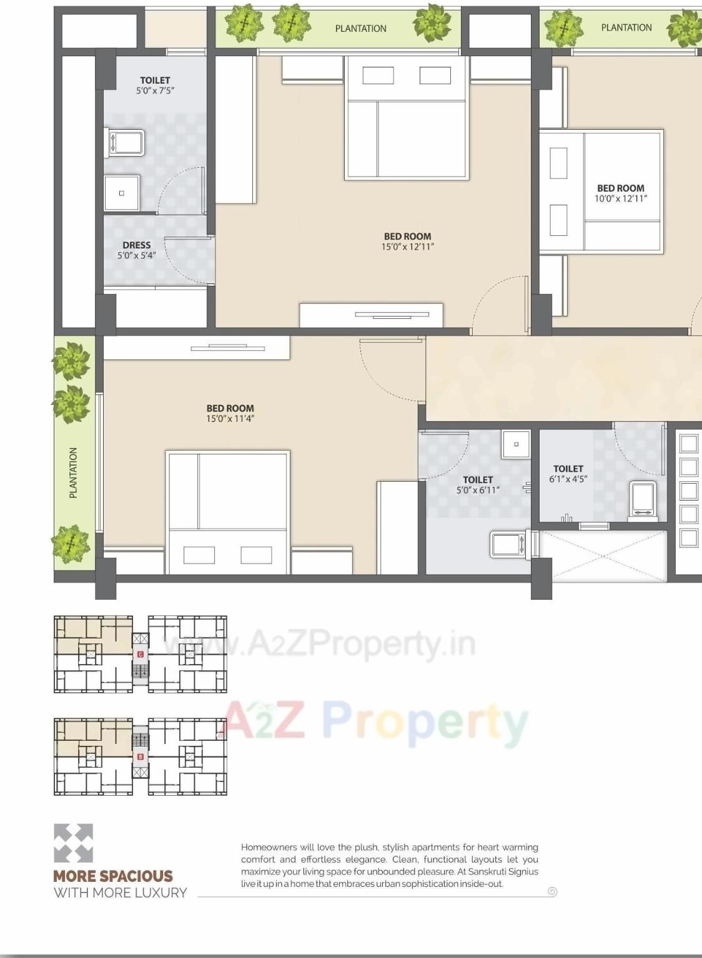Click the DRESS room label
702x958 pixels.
(136, 245)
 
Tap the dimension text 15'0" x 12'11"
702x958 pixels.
(407, 247)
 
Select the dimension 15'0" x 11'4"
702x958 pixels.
(230, 419)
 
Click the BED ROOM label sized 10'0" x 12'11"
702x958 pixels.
(620, 188)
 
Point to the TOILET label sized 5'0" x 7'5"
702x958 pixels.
(155, 81)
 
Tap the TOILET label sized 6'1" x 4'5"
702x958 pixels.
(568, 469)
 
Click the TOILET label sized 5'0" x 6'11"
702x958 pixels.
(478, 480)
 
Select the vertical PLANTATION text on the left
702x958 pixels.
(74, 472)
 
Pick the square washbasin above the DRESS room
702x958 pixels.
(122, 193)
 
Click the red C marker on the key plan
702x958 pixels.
(141, 654)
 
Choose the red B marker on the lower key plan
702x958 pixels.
(141, 756)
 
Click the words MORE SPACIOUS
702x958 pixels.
(113, 876)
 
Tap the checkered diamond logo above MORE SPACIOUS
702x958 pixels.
(73, 843)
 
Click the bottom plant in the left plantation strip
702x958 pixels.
(71, 543)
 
